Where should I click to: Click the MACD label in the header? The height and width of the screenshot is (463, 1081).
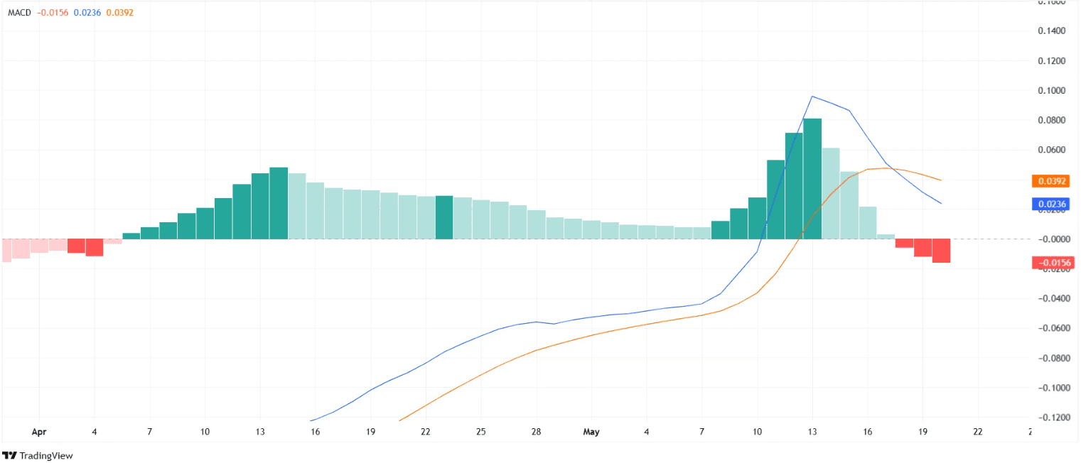(x=19, y=13)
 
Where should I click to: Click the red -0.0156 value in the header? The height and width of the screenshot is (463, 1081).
(x=53, y=13)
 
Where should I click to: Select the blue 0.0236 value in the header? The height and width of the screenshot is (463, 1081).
(x=87, y=13)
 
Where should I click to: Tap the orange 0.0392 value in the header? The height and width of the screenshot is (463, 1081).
(x=119, y=13)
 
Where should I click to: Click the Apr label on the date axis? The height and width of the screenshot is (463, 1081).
(x=39, y=432)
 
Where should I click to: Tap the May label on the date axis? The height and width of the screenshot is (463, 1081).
(x=591, y=432)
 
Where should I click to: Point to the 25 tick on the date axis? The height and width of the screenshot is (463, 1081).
(x=481, y=432)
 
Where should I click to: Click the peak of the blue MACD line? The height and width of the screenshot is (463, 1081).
(x=812, y=97)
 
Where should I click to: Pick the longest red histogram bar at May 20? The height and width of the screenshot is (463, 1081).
(x=941, y=251)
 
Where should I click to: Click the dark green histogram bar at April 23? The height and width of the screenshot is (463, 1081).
(x=444, y=217)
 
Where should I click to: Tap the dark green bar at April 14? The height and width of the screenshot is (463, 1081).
(x=279, y=203)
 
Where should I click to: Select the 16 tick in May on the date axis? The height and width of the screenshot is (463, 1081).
(x=867, y=432)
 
